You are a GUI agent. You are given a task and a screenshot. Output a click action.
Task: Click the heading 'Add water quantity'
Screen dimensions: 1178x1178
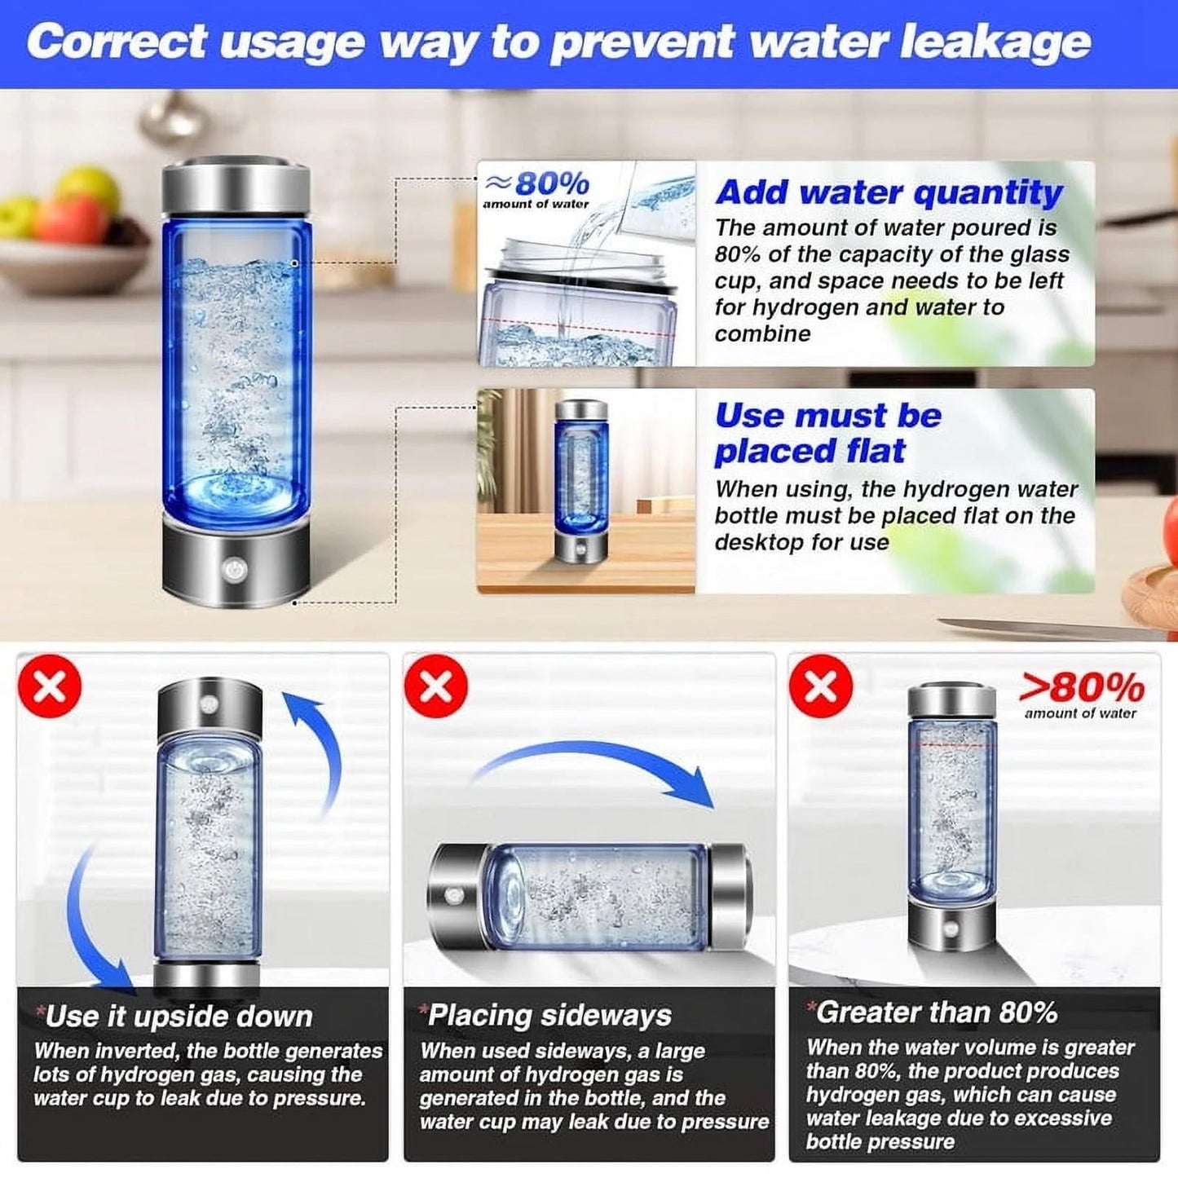pyautogui.click(x=889, y=192)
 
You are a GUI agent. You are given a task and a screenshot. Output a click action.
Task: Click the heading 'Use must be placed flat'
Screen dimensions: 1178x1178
pyautogui.click(x=827, y=433)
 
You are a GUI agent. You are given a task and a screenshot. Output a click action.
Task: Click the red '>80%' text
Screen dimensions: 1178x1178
pyautogui.click(x=1082, y=689)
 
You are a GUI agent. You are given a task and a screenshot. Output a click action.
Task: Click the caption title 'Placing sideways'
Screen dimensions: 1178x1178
pyautogui.click(x=549, y=1015)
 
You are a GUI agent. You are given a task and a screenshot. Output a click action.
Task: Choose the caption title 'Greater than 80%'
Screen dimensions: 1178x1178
pyautogui.click(x=936, y=1013)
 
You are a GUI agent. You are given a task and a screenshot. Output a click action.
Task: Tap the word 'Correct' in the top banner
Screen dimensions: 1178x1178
pyautogui.click(x=117, y=42)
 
